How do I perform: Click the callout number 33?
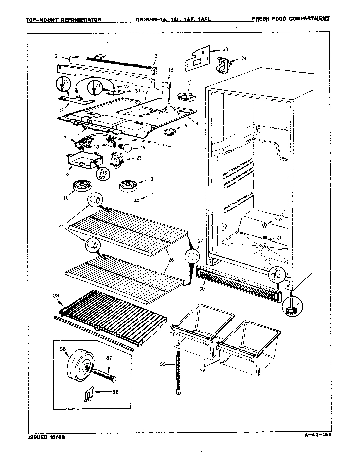click(225, 50)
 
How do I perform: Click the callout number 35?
click(163, 365)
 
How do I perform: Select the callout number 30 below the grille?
click(202, 289)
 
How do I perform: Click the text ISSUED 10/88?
click(45, 437)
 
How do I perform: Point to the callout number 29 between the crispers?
click(202, 370)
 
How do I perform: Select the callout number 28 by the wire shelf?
click(56, 295)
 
